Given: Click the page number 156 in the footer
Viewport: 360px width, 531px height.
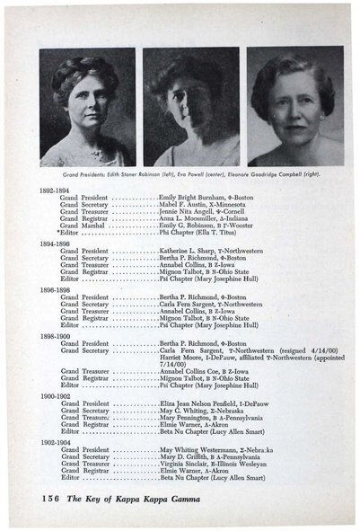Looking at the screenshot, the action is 51,497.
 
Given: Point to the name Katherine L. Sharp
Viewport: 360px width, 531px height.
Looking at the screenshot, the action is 189,251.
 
